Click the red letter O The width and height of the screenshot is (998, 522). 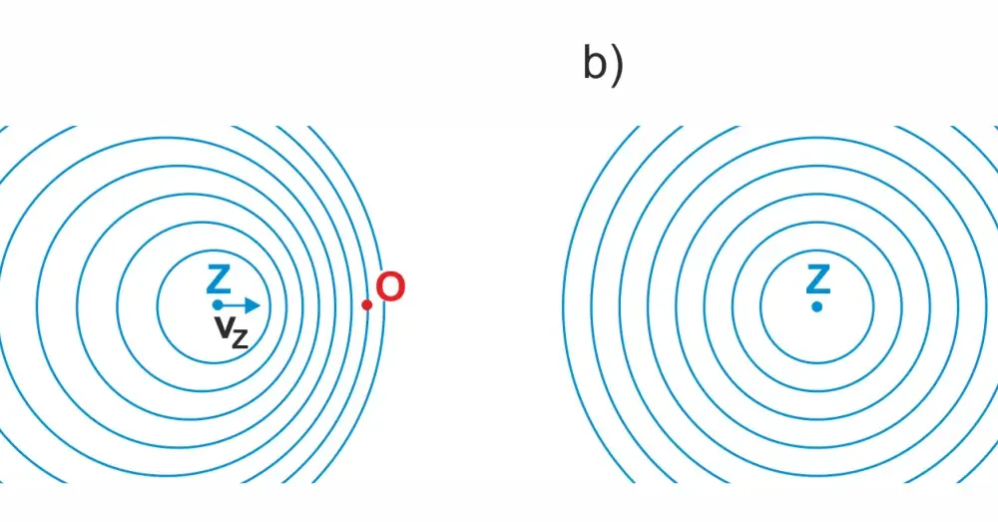[390, 287]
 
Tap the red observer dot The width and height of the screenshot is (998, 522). [366, 305]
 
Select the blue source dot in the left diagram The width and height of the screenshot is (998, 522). [218, 305]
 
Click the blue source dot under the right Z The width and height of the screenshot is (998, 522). [817, 306]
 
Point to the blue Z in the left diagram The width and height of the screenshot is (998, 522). [219, 279]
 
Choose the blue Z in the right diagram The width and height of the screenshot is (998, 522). [818, 279]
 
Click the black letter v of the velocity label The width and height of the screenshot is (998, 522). [223, 327]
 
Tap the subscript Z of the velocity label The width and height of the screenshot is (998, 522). [240, 338]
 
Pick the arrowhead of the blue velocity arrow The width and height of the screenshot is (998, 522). [252, 305]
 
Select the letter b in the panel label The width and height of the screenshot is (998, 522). [596, 64]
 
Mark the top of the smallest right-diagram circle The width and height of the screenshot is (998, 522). [817, 251]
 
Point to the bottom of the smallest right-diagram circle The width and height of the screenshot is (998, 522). [817, 363]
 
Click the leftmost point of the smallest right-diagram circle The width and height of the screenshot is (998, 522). [761, 306]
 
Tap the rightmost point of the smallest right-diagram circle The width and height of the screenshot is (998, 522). [873, 306]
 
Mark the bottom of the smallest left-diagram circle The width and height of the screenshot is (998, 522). [214, 363]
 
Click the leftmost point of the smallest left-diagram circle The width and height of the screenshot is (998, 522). [158, 306]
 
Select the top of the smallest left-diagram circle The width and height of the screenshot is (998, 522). [214, 251]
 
